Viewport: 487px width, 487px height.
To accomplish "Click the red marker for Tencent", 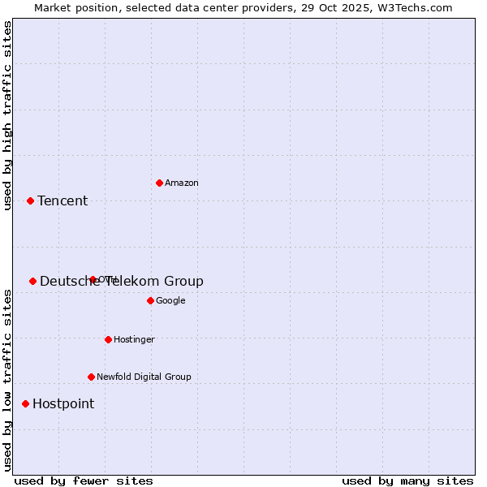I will click(x=30, y=200).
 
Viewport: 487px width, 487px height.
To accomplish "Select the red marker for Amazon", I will click(x=159, y=183).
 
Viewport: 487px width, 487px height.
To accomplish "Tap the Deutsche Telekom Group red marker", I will click(x=32, y=281).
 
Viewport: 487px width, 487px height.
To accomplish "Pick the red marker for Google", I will click(x=150, y=300).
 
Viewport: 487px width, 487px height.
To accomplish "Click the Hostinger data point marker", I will click(x=108, y=339).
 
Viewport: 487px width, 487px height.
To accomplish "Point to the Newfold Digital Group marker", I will click(x=91, y=377).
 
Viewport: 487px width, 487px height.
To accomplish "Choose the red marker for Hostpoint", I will click(x=25, y=403).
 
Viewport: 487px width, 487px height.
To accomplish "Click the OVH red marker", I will click(x=93, y=279).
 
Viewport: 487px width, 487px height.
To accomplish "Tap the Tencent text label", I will click(x=62, y=201).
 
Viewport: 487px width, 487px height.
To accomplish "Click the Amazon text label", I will click(x=182, y=183).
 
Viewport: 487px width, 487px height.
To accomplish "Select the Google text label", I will click(x=170, y=301).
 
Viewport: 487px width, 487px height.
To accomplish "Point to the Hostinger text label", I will click(x=134, y=340).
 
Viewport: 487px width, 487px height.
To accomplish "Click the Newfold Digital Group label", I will click(x=144, y=377).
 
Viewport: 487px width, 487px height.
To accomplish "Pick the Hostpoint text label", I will click(x=63, y=404).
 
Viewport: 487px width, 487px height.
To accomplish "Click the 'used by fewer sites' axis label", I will click(x=84, y=481).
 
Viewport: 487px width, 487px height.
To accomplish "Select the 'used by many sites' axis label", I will click(x=407, y=481).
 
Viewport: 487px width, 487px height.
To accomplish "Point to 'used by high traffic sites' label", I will click(x=8, y=115).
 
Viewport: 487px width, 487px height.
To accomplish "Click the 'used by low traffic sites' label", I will click(x=8, y=380).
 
